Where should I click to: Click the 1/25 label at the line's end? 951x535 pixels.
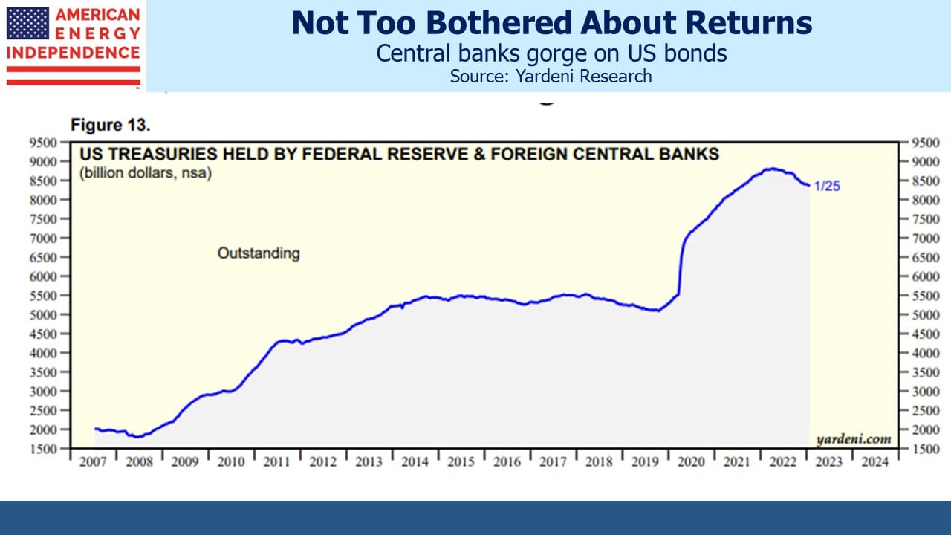coord(827,186)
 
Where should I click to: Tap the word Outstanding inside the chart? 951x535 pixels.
coord(259,253)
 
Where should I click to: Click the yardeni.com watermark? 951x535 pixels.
coord(854,439)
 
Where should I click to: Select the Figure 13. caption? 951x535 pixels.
coord(111,125)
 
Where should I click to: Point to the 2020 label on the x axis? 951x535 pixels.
coord(691,461)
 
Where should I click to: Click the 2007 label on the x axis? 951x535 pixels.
coord(93,461)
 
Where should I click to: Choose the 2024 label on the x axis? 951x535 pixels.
coord(874,461)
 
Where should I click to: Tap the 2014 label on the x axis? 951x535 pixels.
coord(415,461)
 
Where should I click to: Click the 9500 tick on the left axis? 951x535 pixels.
coord(43,143)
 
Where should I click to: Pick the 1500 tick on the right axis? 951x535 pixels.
coord(926,449)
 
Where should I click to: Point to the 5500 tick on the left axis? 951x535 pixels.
coord(43,296)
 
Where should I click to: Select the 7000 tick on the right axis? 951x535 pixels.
coord(926,239)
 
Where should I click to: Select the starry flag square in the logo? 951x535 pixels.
coord(28,23)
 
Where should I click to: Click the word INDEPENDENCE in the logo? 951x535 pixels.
coord(73,53)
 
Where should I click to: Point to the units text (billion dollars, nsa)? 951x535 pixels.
coord(146,173)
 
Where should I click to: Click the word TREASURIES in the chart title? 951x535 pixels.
coord(166,154)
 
